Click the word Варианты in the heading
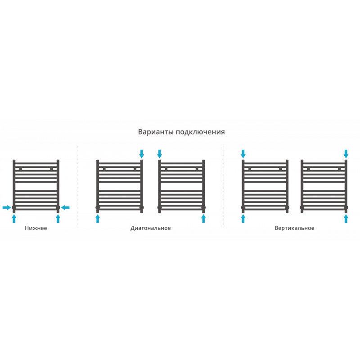(156, 132)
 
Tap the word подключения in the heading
(200, 132)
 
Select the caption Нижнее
(36, 228)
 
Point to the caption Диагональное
(151, 228)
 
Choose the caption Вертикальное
(294, 228)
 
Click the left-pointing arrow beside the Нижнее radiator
(65, 207)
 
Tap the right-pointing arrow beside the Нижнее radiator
(7, 207)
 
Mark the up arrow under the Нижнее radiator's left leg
(14, 219)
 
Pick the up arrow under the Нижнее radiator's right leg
(58, 219)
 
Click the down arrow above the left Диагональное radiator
(142, 154)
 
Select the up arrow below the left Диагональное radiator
(98, 219)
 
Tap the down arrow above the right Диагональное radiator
(160, 154)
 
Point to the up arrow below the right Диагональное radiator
(203, 219)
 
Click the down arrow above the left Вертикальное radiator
(243, 154)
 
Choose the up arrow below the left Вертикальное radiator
(243, 219)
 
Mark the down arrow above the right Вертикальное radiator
(346, 154)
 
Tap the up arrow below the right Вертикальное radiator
(346, 219)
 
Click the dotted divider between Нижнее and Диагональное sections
(78, 186)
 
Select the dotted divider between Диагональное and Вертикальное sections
(223, 186)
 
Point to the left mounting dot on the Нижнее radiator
(21, 169)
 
